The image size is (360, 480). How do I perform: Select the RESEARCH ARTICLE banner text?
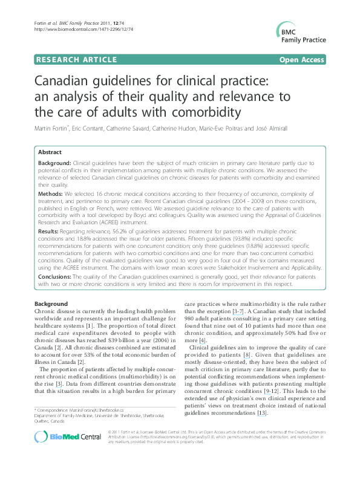(76, 59)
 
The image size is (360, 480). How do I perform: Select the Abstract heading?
(50, 153)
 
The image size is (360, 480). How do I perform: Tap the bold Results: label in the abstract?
(49, 232)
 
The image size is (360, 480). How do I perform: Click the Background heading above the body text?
(51, 303)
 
